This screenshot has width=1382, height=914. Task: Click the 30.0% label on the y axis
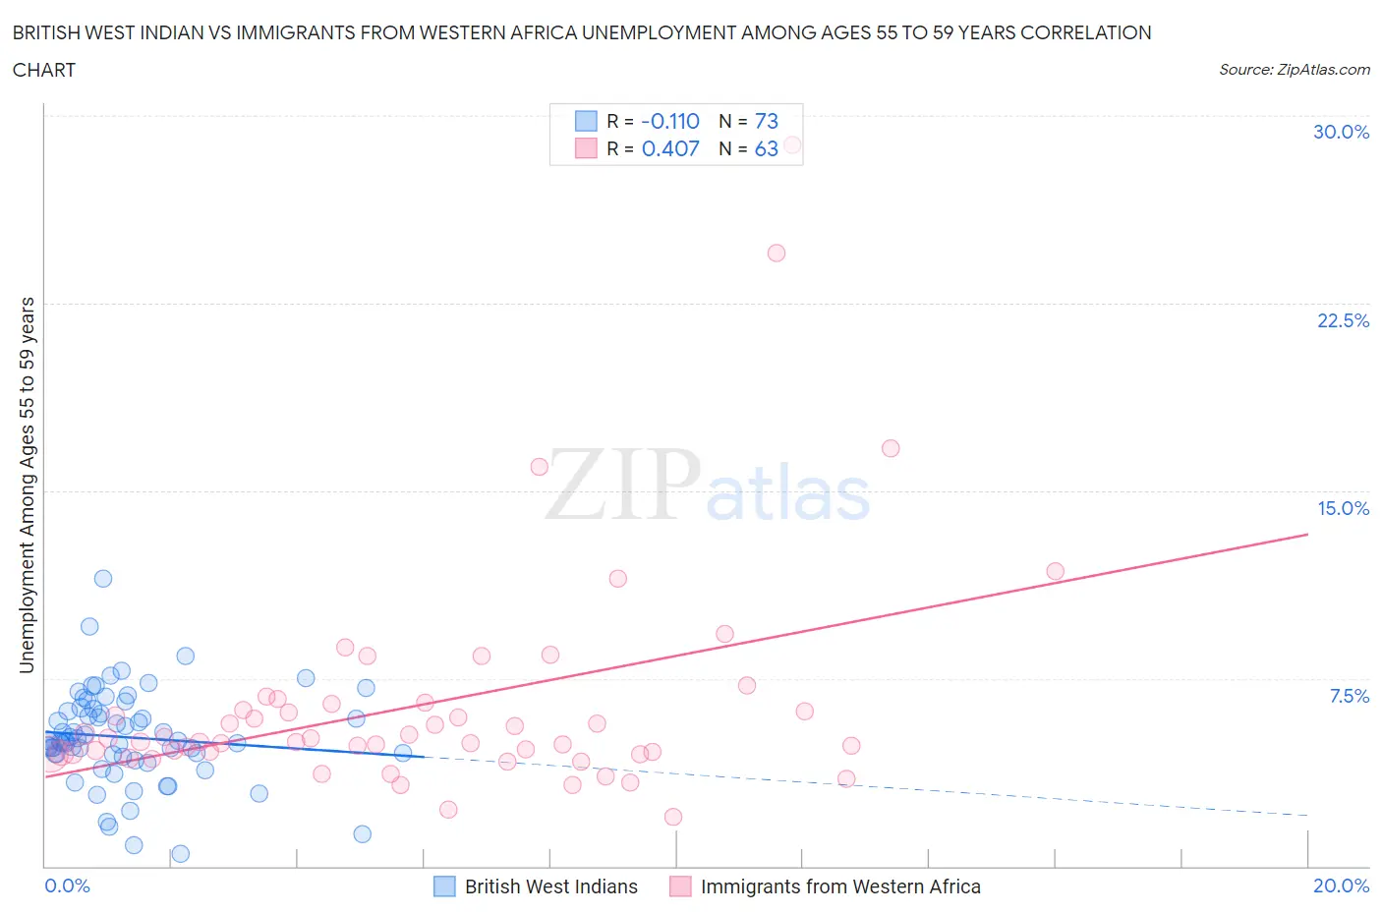1341,132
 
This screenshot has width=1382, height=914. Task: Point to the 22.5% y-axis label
1343,320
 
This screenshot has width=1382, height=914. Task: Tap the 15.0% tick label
1343,508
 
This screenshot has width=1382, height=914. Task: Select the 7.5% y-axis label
1349,696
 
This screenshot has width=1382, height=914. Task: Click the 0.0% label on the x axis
67,885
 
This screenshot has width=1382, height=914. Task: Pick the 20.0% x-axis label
1341,885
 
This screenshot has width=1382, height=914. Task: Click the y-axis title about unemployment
27,486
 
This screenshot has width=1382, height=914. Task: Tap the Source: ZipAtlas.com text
1294,69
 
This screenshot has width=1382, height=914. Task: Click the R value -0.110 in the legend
670,121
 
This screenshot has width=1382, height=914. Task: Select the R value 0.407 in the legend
670,148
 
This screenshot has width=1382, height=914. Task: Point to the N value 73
766,121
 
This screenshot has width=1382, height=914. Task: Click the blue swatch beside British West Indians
444,886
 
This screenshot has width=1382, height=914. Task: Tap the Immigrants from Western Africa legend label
840,886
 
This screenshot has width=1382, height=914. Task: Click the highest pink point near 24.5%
777,253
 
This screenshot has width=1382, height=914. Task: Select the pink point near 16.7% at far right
891,448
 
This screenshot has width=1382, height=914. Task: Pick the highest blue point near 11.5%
103,578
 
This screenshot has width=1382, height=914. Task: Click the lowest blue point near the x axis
181,853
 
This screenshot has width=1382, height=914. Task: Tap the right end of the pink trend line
1307,534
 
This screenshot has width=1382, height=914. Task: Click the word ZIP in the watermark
623,484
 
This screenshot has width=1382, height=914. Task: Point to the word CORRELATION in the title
1086,32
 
